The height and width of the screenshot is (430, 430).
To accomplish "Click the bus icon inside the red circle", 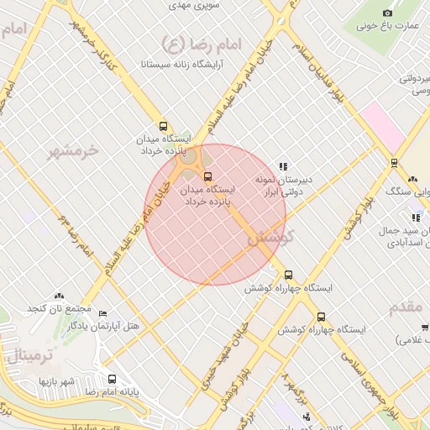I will coord(207,176).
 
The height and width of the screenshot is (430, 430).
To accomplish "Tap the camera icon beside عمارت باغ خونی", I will coord(387,13).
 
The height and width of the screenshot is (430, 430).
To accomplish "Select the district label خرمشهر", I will coord(73,152).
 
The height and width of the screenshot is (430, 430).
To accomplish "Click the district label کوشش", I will coord(269,238).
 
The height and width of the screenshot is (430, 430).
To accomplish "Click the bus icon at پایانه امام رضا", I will coord(112,379).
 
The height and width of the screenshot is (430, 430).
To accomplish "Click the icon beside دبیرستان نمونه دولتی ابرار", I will coord(283,166).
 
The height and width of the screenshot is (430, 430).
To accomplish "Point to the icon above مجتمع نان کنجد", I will coord(59,296).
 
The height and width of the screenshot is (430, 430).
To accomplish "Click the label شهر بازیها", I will coord(56,381).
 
